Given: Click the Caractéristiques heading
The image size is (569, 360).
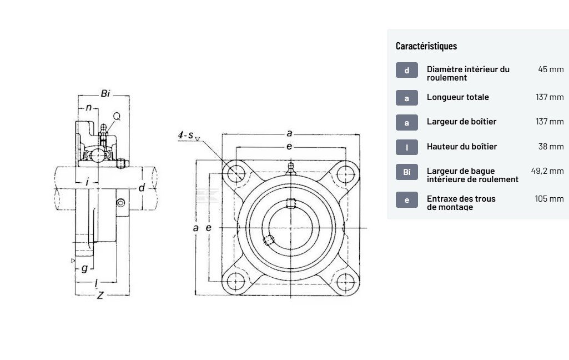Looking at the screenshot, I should pyautogui.click(x=426, y=46).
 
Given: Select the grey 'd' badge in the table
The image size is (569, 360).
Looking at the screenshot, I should pyautogui.click(x=407, y=70).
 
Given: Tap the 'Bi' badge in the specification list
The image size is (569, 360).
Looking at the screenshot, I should pyautogui.click(x=407, y=172).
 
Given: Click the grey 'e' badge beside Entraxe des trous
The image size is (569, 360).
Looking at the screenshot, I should pyautogui.click(x=407, y=199).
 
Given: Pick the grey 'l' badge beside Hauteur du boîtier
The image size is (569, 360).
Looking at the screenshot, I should pyautogui.click(x=407, y=147).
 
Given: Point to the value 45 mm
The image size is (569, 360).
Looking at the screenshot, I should pyautogui.click(x=550, y=69).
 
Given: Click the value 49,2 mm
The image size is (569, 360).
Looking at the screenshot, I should pyautogui.click(x=547, y=171).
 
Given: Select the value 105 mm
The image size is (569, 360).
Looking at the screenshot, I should pyautogui.click(x=549, y=198).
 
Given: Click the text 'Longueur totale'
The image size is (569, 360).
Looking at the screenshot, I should pyautogui.click(x=457, y=97).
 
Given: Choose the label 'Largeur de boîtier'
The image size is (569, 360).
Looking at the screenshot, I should pyautogui.click(x=461, y=122).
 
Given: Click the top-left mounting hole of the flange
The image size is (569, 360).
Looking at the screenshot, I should pyautogui.click(x=236, y=172).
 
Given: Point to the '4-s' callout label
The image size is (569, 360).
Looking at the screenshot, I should pyautogui.click(x=185, y=135).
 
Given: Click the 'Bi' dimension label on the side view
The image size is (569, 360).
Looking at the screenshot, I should pyautogui.click(x=105, y=93).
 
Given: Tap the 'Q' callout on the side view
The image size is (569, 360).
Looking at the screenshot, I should pyautogui.click(x=117, y=116).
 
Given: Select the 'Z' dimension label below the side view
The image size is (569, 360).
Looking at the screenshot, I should pyautogui.click(x=100, y=296).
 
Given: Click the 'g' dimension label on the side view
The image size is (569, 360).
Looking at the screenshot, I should pyautogui.click(x=84, y=269).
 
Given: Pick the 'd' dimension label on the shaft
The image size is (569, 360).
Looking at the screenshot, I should pyautogui.click(x=142, y=188).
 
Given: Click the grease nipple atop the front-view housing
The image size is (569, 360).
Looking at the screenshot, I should pyautogui.click(x=290, y=168).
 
